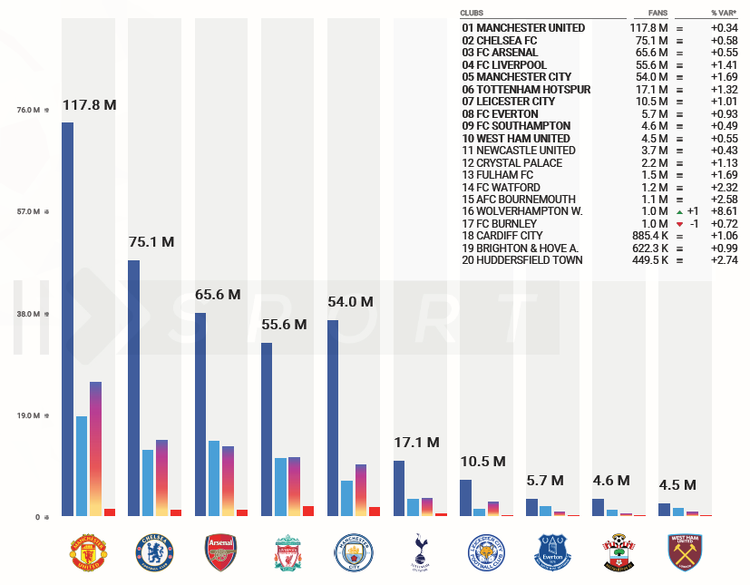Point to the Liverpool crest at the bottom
point(287,552)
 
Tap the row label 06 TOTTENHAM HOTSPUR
point(526,90)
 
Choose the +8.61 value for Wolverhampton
point(723,211)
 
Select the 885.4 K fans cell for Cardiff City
point(648,236)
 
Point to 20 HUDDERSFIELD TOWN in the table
point(522,260)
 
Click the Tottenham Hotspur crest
point(420,551)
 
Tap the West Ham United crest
point(685,552)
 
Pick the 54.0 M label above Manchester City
point(350,302)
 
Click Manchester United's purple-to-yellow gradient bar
point(95,449)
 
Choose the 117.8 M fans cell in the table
point(649,28)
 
